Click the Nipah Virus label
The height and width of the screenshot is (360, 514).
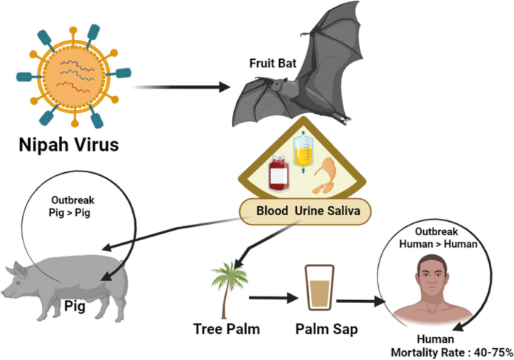[68, 144]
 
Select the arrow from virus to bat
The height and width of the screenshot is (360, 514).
[184, 87]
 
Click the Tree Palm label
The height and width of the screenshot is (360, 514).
[225, 329]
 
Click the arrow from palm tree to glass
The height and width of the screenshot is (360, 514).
[274, 299]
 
